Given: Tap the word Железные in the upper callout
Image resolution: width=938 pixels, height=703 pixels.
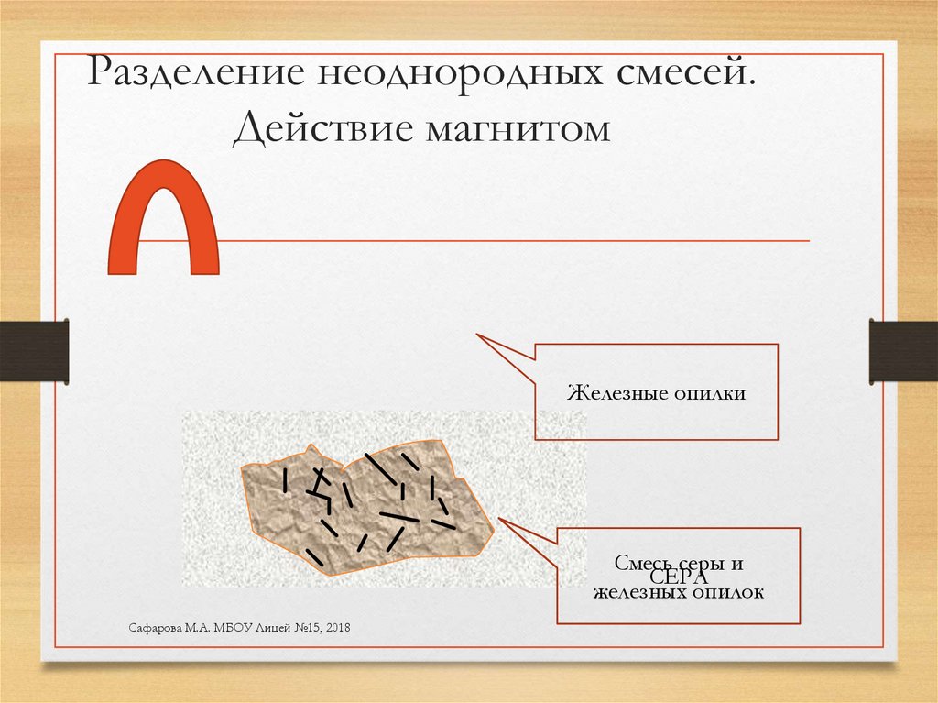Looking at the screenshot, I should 610,394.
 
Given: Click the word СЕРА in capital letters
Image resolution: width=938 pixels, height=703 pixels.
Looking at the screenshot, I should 679,578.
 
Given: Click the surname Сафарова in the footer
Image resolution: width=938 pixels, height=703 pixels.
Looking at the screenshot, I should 153,626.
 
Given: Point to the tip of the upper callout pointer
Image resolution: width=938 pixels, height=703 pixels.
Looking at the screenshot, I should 477,335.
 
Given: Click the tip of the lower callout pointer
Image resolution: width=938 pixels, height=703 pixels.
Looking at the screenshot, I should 500,520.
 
